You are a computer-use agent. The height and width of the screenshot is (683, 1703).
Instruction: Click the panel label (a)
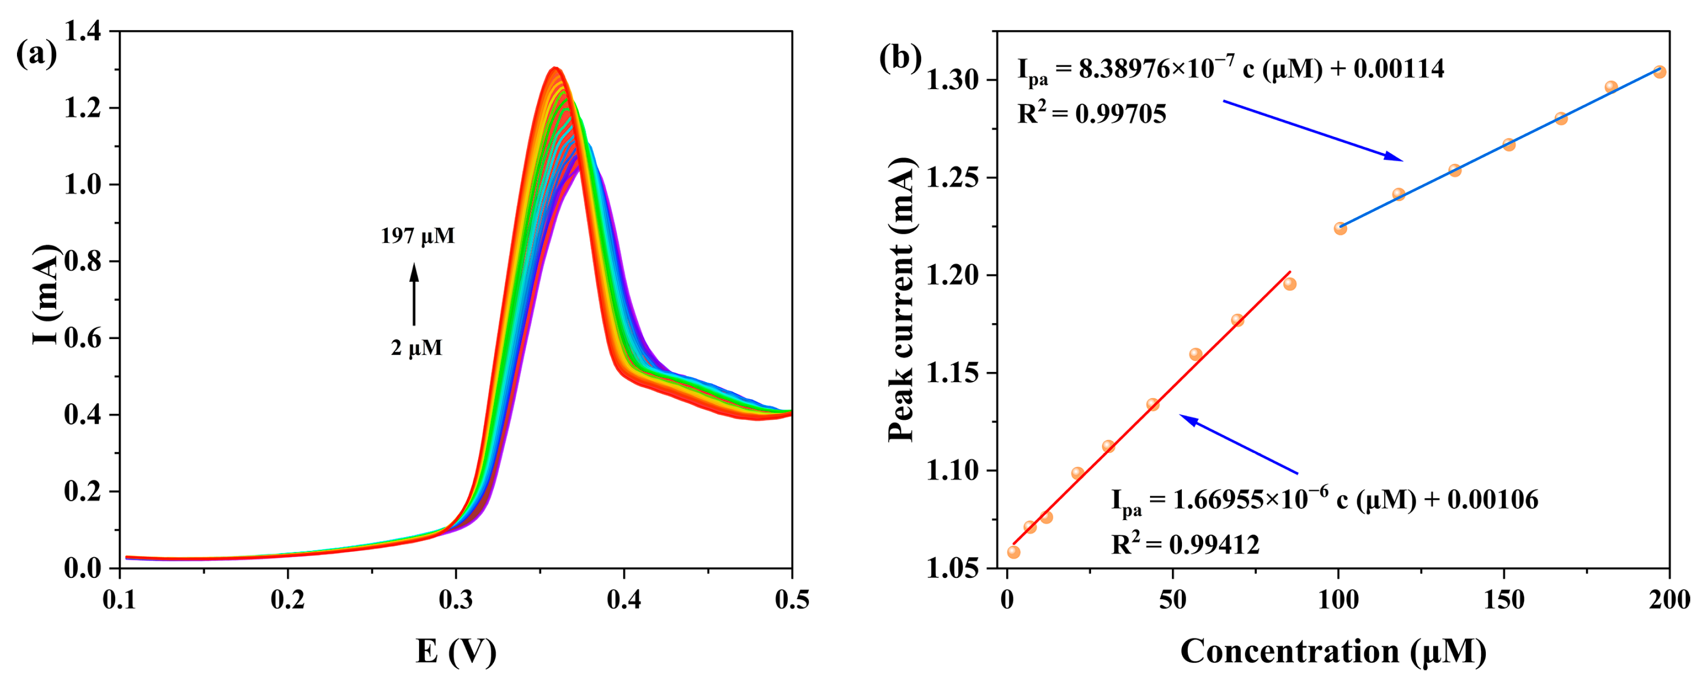coord(36,54)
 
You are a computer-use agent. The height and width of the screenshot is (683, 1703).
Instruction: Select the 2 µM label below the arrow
coord(416,348)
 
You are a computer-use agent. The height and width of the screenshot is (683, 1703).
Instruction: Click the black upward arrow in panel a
coord(414,294)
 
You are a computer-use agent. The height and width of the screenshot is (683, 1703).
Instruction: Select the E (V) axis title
coord(456,651)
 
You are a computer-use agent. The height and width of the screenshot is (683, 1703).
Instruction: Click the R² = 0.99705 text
coord(1092,114)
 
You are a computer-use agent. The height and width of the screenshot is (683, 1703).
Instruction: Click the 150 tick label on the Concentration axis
coord(1504,600)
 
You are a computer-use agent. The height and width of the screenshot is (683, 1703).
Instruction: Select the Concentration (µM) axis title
coord(1333,651)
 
